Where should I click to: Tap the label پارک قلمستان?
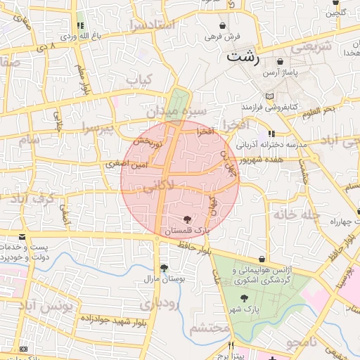(186, 231)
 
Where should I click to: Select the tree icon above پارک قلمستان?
(186, 220)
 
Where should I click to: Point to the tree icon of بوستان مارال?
(164, 268)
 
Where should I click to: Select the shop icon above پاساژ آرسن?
(281, 62)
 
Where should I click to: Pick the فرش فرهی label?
(223, 36)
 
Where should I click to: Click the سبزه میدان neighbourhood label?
(176, 111)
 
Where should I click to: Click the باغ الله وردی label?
(84, 35)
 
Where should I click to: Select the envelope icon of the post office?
(22, 237)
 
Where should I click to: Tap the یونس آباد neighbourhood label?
(45, 307)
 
